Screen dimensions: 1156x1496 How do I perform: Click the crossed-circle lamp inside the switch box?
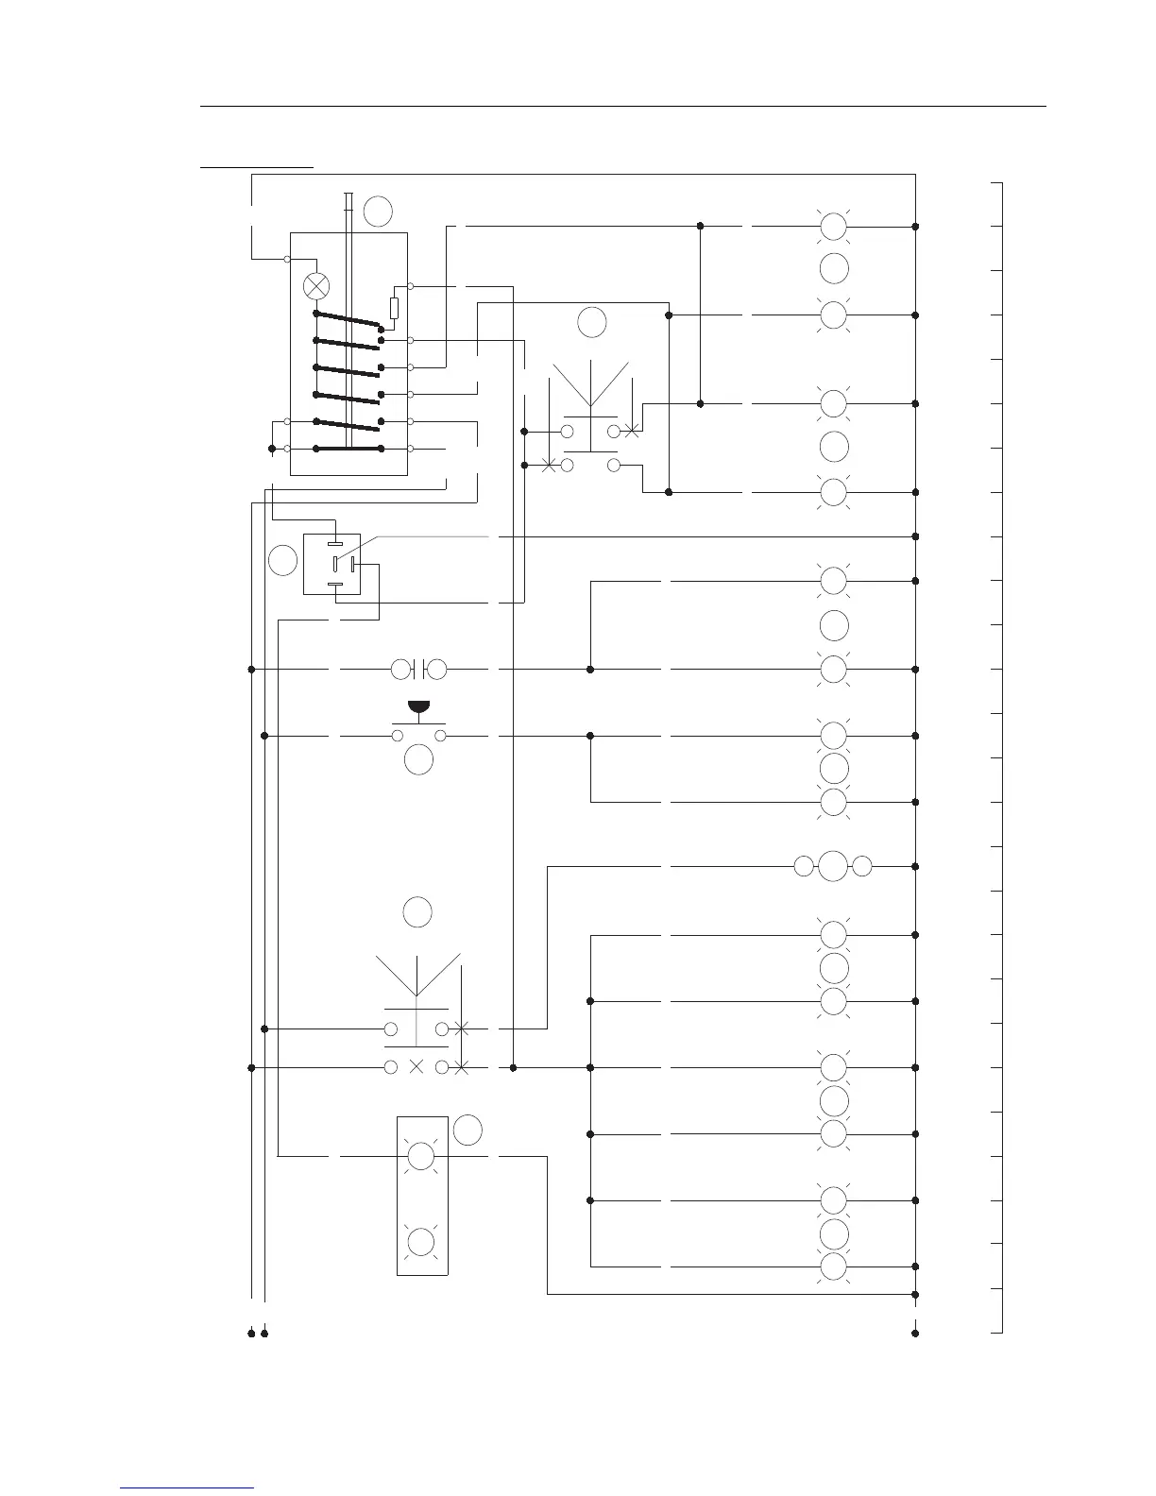[316, 284]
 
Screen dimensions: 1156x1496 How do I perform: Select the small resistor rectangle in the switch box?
[394, 307]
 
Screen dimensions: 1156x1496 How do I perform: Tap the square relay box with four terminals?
[331, 565]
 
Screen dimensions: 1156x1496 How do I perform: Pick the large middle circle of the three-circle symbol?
[833, 866]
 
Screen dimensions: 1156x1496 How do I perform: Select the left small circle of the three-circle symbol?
[803, 866]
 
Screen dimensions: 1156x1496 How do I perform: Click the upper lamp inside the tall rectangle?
[420, 1155]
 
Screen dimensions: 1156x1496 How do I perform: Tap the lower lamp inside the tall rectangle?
[420, 1241]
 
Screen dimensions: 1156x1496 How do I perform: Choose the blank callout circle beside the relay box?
[282, 560]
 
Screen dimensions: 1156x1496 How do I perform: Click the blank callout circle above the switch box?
[378, 211]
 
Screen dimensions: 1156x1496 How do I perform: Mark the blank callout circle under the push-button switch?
[418, 759]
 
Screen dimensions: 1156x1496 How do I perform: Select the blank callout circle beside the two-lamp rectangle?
[467, 1130]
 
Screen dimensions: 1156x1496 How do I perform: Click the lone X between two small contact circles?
[416, 1067]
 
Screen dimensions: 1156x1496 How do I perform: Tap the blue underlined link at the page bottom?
[187, 1487]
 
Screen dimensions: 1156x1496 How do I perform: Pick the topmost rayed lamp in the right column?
[833, 227]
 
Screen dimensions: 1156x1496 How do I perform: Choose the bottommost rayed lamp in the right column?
[833, 1266]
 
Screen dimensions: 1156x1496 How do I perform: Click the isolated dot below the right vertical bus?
[915, 1334]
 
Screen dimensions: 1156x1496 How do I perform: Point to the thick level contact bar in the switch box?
[348, 449]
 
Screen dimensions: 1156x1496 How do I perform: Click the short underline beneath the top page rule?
[256, 167]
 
